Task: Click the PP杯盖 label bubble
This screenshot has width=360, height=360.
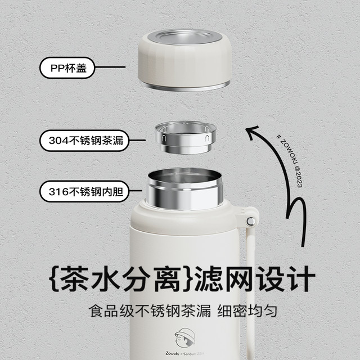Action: pos(67,67)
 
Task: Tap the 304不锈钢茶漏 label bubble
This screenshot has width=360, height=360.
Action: pos(84,141)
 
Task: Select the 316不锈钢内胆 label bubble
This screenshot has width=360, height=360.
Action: pos(84,191)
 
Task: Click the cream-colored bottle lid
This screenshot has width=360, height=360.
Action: pos(185,60)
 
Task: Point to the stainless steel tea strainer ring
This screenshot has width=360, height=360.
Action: pos(186,137)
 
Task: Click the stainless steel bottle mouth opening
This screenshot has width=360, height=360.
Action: pos(185,189)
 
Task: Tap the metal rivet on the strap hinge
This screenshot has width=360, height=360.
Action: pos(250,221)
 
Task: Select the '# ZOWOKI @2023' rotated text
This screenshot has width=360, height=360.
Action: pos(289,161)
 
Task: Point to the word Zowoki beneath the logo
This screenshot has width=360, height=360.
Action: pos(172,353)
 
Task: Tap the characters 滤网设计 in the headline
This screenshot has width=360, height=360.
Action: pos(255,279)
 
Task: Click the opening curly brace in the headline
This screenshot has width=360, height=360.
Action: pos(55,279)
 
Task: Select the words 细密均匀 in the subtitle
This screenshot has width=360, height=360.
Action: pos(247,311)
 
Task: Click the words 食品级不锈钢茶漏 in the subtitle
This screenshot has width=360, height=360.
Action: pos(150,311)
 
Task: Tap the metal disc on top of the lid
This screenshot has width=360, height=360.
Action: pos(184,37)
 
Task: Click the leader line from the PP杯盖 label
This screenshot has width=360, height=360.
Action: pos(110,67)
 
